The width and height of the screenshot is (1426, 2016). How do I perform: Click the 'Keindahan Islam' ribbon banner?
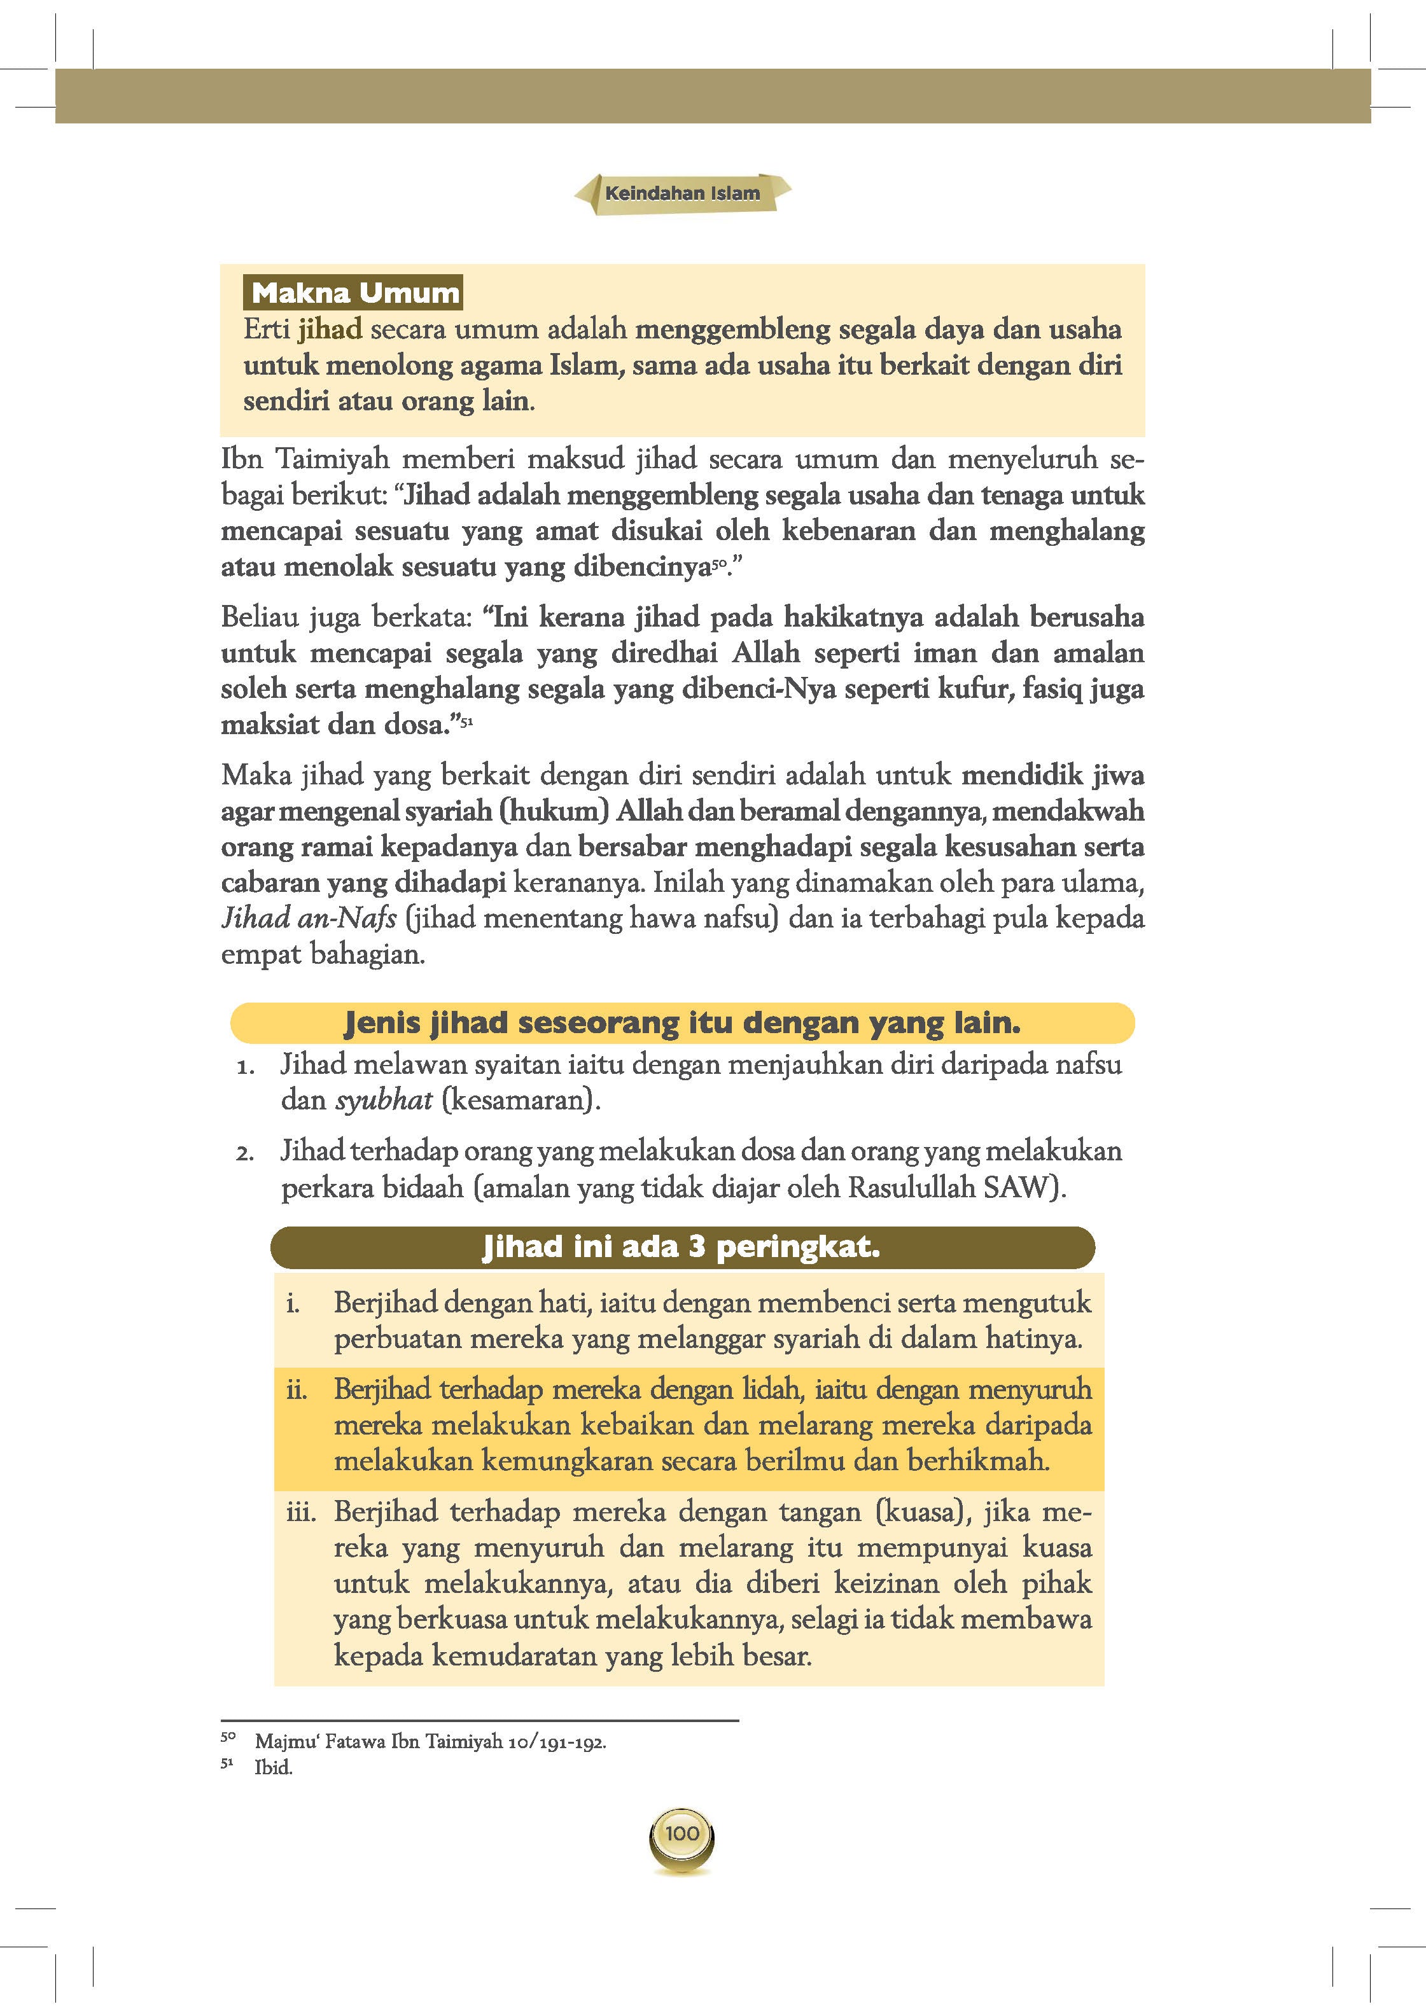pyautogui.click(x=682, y=193)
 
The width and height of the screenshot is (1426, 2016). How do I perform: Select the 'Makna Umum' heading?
pyautogui.click(x=354, y=293)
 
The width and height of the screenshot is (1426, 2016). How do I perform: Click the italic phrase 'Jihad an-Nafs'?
pyautogui.click(x=308, y=919)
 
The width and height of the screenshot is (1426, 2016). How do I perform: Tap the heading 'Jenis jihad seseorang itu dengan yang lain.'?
pyautogui.click(x=682, y=1023)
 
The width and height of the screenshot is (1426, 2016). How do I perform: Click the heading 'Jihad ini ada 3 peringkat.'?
pyautogui.click(x=682, y=1247)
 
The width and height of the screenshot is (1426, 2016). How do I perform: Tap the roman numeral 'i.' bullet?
pyautogui.click(x=293, y=1304)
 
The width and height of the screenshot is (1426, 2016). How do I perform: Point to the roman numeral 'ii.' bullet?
pyautogui.click(x=296, y=1390)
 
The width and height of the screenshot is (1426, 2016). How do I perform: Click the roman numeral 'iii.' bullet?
pyautogui.click(x=300, y=1512)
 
